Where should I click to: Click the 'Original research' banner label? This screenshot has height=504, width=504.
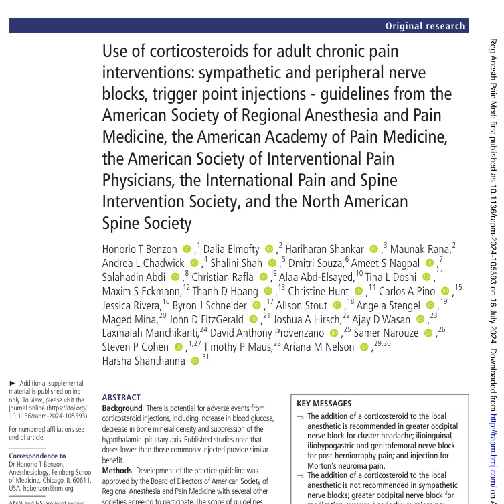[x=425, y=26]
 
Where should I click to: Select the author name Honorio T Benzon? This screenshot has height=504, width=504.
[x=139, y=249]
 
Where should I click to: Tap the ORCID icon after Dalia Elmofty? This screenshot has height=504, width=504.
[x=269, y=249]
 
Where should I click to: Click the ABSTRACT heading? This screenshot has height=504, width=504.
[x=122, y=396]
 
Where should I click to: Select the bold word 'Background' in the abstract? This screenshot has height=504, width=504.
[x=122, y=408]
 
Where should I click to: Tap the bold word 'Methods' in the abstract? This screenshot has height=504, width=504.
[x=117, y=471]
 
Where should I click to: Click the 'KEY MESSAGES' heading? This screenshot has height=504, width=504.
[x=324, y=404]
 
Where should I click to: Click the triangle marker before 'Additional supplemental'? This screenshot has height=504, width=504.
[x=11, y=382]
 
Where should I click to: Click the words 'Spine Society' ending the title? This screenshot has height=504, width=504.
[x=147, y=223]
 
